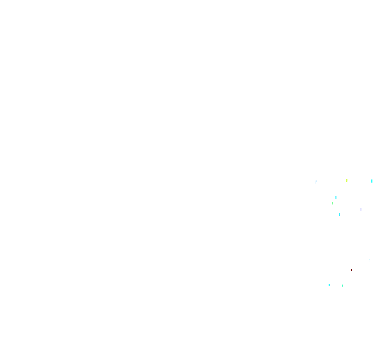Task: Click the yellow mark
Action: pyautogui.click(x=347, y=181)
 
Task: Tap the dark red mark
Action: pyautogui.click(x=352, y=270)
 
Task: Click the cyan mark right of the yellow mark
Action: pyautogui.click(x=372, y=181)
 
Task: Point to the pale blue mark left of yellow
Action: pyautogui.click(x=316, y=182)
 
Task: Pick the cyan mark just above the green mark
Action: pyautogui.click(x=336, y=198)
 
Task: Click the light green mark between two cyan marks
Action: pyautogui.click(x=332, y=203)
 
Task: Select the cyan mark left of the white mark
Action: pyautogui.click(x=340, y=214)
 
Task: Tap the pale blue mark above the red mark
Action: pyautogui.click(x=369, y=261)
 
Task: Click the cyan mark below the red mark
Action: pyautogui.click(x=329, y=285)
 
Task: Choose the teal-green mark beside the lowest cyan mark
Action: pyautogui.click(x=343, y=286)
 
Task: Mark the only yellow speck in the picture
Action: pyautogui.click(x=347, y=181)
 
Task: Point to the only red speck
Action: pyautogui.click(x=352, y=270)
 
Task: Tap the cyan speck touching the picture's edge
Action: pyautogui.click(x=372, y=181)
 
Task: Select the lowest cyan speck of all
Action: pyautogui.click(x=329, y=285)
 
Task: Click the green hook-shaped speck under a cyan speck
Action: pyautogui.click(x=332, y=203)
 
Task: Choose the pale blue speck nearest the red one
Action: pyautogui.click(x=369, y=261)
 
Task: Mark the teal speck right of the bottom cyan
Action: pyautogui.click(x=343, y=286)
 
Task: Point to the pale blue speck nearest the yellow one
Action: pyautogui.click(x=316, y=182)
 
